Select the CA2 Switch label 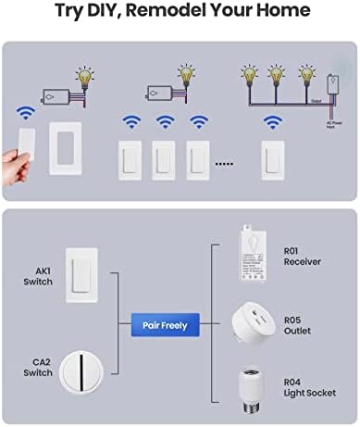tap(38, 372)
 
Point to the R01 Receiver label tap(302, 256)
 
